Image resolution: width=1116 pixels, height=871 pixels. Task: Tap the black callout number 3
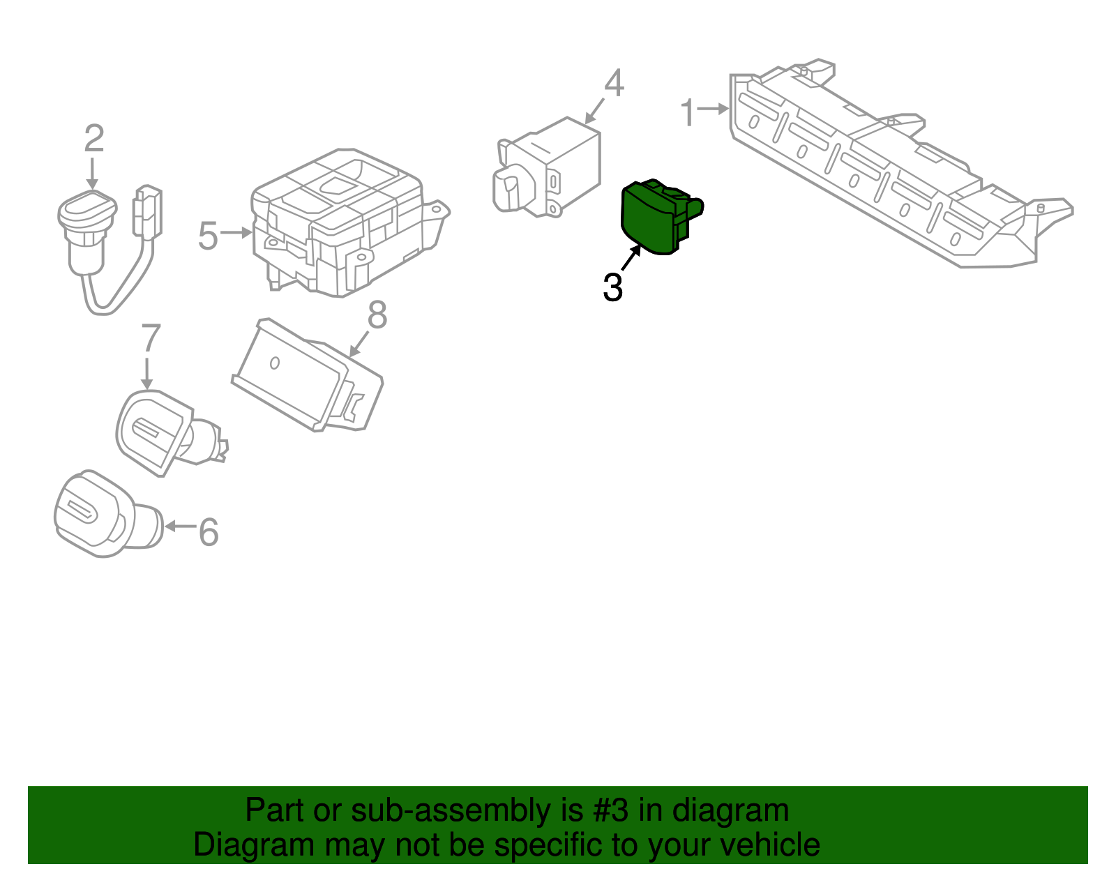pos(612,287)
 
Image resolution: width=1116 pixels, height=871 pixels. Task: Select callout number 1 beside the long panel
pos(688,112)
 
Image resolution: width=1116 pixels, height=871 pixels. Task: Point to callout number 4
pos(614,84)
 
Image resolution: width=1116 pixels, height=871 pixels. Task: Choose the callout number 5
pos(208,236)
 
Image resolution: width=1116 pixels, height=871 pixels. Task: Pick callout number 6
pos(209,532)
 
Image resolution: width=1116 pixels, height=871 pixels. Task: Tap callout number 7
pos(151,338)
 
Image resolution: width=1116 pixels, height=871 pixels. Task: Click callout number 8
pos(377,315)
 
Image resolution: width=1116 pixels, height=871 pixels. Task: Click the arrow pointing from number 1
pos(714,109)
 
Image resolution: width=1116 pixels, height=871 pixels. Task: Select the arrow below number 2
pos(92,173)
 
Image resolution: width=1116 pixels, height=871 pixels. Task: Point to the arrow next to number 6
pos(180,526)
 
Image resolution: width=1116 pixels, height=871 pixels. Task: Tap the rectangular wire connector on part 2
pos(147,213)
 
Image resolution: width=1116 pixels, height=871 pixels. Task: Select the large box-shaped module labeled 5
pos(342,223)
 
